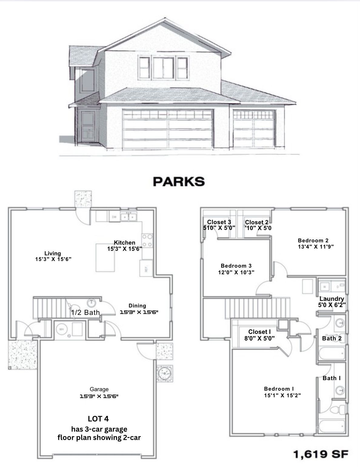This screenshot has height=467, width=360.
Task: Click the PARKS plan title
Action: coord(179,181)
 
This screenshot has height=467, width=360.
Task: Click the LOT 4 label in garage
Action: coord(98,419)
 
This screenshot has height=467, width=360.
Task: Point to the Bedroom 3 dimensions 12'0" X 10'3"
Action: coord(236,272)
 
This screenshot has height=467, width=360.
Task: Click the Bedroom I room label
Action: coord(279,389)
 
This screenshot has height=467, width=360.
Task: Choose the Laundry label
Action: coord(332,299)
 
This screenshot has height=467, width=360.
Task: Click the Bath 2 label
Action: coord(332,338)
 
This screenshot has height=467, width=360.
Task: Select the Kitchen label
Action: coord(125,243)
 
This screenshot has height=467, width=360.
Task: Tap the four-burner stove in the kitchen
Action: coord(147,240)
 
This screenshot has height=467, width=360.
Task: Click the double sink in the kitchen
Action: coord(129,217)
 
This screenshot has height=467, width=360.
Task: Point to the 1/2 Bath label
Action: coord(85,313)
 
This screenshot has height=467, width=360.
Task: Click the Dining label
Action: coord(137,306)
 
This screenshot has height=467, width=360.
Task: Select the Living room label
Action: coord(53,253)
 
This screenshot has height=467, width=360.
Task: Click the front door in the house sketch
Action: coord(88,127)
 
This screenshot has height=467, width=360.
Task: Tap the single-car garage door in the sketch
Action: coord(254,129)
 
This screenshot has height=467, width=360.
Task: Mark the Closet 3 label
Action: coord(219,222)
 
